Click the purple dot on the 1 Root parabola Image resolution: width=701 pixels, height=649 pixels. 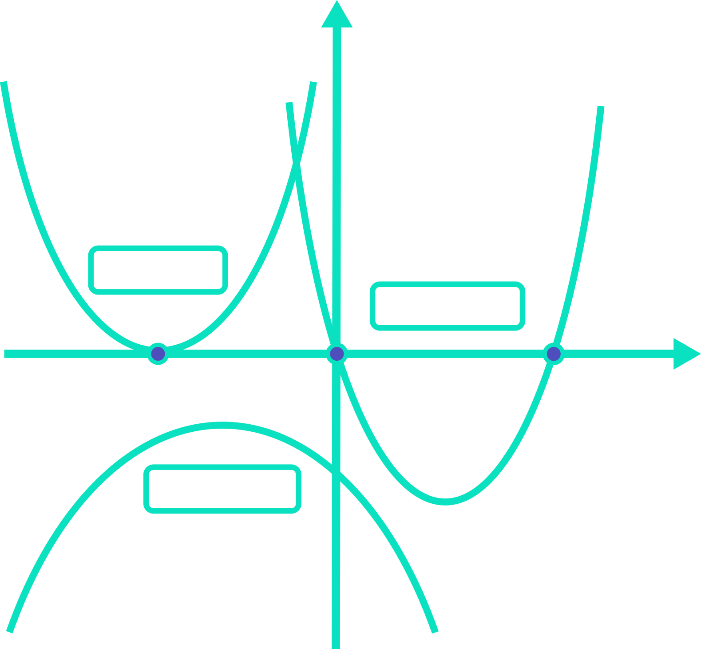[158, 354]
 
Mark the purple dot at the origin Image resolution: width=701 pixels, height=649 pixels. [337, 354]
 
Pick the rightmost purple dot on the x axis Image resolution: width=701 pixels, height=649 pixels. [554, 354]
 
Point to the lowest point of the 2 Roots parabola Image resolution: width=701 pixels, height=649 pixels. [446, 502]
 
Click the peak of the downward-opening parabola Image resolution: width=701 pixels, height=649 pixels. [222, 425]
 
